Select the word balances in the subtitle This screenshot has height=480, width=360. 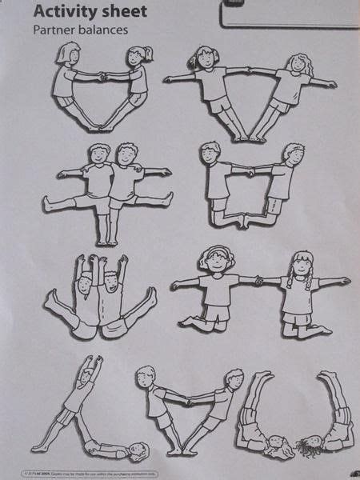(100, 30)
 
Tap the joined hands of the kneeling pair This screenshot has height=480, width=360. (258, 280)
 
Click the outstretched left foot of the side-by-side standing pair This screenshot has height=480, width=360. (50, 206)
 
